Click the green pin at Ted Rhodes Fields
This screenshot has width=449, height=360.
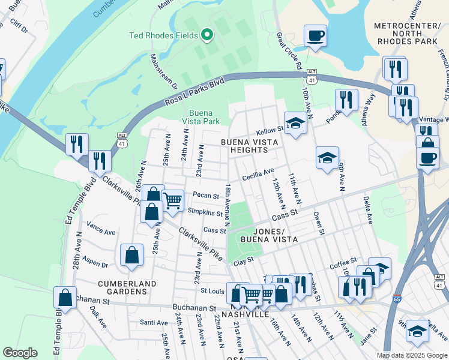[207, 35]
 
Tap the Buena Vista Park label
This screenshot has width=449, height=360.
[205, 117]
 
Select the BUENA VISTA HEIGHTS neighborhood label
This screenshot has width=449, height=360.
[251, 146]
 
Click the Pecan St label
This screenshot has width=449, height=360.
[206, 195]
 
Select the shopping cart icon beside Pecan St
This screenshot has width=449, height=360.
[173, 200]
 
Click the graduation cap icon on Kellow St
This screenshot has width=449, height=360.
[295, 124]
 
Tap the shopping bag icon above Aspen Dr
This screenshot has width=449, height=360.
[131, 255]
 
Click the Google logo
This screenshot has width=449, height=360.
[20, 353]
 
